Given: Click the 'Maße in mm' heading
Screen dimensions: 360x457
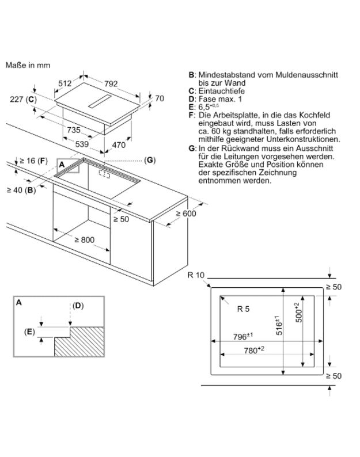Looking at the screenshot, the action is tap(28, 65).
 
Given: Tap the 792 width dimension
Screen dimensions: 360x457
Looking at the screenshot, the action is tap(111, 84).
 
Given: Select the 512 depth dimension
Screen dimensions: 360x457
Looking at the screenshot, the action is tap(65, 83).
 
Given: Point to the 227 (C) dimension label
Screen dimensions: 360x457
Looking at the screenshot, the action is tap(24, 100).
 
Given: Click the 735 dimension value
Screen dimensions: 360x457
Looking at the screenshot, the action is tap(74, 130).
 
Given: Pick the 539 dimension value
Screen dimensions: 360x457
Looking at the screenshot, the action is tap(82, 144).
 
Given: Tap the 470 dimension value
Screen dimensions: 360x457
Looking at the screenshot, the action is tap(119, 145).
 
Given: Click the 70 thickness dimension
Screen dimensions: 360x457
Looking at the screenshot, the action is tap(160, 98).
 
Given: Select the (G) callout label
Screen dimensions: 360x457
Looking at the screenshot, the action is tap(150, 160).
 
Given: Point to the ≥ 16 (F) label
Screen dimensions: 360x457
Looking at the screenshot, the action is tap(33, 161).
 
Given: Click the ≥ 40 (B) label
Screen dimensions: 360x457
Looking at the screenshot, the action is tap(21, 191).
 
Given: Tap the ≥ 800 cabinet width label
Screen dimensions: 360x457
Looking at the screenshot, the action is tap(85, 240).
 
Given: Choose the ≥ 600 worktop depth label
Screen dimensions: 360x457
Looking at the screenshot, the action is tap(186, 214).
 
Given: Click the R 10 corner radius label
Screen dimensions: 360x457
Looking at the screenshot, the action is tap(196, 275).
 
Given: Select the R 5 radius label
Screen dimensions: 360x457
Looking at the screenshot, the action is tap(243, 309).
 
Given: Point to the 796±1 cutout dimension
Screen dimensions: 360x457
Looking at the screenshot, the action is tap(243, 336).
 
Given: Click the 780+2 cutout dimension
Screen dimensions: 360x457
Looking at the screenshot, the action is tap(254, 350).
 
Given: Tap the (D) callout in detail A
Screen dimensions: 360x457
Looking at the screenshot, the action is tap(78, 306).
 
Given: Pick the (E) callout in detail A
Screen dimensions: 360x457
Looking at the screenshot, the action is tap(29, 332).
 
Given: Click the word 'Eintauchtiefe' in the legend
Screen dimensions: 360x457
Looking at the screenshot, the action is tap(222, 91).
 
